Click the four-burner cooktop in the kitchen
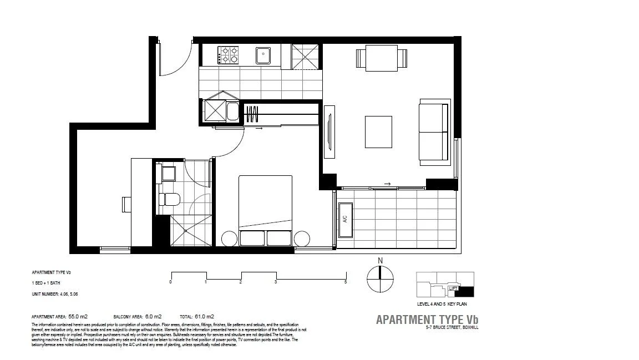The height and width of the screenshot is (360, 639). (x=228, y=54)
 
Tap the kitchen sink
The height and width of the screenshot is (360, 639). (x=263, y=55)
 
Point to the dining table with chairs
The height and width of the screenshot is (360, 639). (x=382, y=58)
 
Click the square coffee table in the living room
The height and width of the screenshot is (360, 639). (x=378, y=131)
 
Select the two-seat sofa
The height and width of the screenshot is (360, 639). (x=433, y=132)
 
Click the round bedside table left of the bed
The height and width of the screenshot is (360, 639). (x=229, y=239)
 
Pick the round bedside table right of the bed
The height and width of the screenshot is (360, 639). (x=302, y=239)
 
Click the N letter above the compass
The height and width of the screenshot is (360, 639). (x=380, y=261)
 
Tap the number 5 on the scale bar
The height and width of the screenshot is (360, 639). (x=346, y=282)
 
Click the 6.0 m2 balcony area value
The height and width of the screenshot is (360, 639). (x=153, y=316)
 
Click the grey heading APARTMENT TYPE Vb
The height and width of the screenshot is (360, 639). (x=427, y=320)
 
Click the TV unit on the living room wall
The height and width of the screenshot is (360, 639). (x=329, y=128)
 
